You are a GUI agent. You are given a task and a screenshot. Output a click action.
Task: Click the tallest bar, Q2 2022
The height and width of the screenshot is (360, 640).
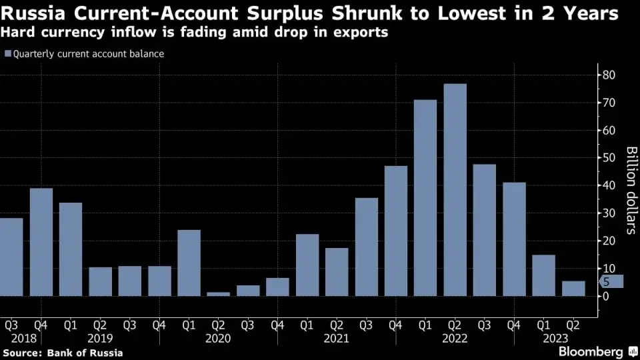pyautogui.click(x=455, y=190)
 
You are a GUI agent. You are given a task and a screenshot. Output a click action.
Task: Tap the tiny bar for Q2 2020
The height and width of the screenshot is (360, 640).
pyautogui.click(x=219, y=294)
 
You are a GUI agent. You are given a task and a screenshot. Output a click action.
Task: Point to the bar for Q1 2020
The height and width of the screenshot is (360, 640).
pyautogui.click(x=189, y=263)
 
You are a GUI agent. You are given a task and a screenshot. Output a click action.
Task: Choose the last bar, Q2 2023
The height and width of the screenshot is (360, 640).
pyautogui.click(x=573, y=289)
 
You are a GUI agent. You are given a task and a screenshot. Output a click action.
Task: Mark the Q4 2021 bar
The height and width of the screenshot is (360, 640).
pyautogui.click(x=396, y=231)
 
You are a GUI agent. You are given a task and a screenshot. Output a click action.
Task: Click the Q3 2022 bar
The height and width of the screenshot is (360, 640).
pyautogui.click(x=485, y=230)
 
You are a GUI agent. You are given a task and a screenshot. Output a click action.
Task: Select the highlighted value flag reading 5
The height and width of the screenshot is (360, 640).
pyautogui.click(x=611, y=282)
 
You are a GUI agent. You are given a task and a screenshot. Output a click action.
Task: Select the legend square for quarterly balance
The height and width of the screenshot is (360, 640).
pyautogui.click(x=7, y=54)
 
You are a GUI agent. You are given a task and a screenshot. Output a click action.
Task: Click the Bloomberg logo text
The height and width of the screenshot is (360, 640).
pyautogui.click(x=589, y=351)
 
